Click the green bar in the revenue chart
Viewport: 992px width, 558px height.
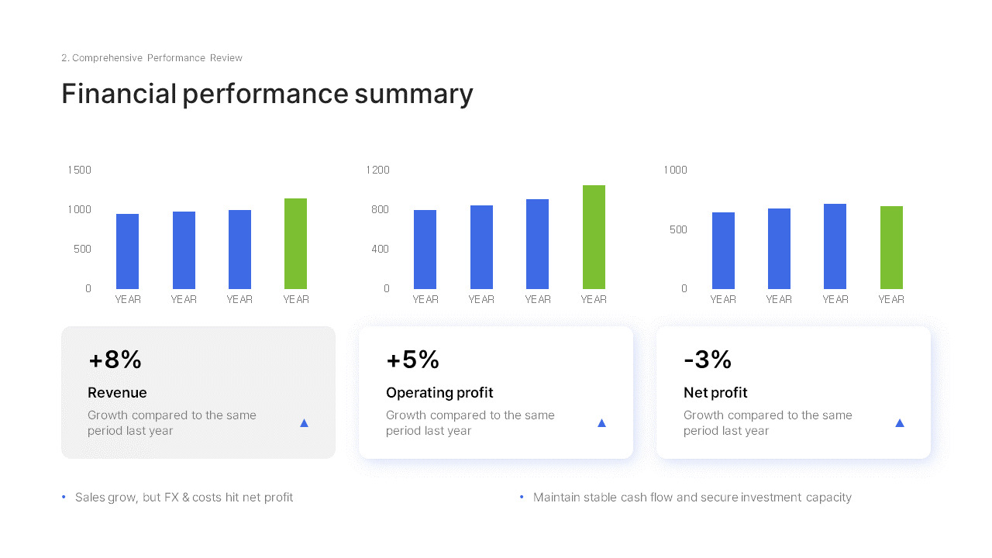[x=295, y=243]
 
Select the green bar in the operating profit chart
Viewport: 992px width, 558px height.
[x=594, y=237]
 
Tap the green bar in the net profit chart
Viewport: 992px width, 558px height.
[x=891, y=247]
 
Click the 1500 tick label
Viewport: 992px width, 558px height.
[x=79, y=170]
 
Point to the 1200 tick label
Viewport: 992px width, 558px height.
[x=377, y=170]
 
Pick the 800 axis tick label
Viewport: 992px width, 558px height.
[x=380, y=209]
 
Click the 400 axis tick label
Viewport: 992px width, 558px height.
[x=380, y=249]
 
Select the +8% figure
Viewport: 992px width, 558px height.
[x=115, y=359]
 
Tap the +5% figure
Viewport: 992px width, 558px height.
[x=413, y=359]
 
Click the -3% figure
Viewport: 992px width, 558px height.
[x=708, y=359]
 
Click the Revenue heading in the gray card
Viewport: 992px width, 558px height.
[x=117, y=392]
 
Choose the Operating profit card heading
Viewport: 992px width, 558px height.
[x=439, y=393]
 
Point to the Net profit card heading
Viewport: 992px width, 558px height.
[x=715, y=393]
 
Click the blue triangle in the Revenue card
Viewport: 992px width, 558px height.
[x=305, y=423]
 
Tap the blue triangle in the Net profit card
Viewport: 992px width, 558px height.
[x=900, y=423]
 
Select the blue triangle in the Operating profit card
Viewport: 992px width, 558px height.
[x=602, y=423]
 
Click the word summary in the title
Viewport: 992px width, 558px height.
[x=414, y=95]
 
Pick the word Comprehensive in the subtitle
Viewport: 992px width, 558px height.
[x=107, y=58]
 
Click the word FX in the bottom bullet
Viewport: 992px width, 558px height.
[x=171, y=498]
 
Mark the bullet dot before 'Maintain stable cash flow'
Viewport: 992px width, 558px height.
[x=522, y=498]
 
